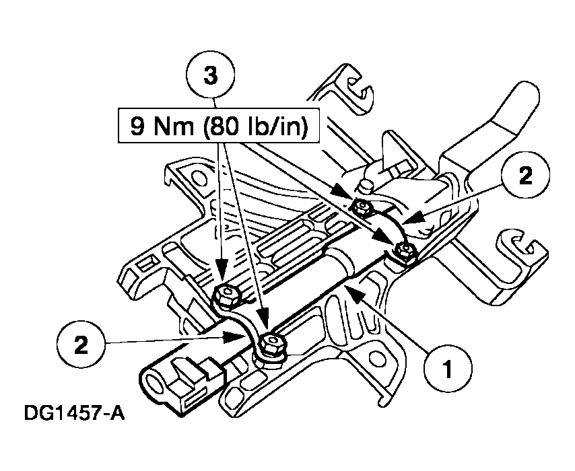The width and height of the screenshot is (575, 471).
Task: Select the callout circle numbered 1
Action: click(448, 368)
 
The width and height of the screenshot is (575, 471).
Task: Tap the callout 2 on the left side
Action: click(81, 345)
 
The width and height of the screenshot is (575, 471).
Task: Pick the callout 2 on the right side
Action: click(525, 176)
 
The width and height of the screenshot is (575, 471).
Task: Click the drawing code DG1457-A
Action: click(74, 413)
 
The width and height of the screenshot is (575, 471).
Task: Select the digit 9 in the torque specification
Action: click(137, 126)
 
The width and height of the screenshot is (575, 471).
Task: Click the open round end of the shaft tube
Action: click(155, 384)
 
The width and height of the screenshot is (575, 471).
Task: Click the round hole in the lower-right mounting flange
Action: click(376, 360)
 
